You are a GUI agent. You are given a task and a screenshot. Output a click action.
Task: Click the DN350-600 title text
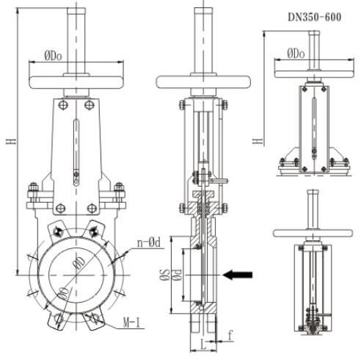[314, 18]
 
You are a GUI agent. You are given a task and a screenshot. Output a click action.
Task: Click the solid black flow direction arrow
[238, 275]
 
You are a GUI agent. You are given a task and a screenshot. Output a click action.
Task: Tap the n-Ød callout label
[149, 243]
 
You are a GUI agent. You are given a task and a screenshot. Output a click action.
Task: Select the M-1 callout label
[132, 323]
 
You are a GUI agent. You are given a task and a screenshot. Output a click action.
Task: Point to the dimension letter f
[230, 335]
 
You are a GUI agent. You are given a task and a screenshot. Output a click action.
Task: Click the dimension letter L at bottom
[203, 345]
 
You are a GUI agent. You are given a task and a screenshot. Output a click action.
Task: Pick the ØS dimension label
[164, 275]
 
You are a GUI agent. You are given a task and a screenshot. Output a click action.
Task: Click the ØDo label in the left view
[53, 56]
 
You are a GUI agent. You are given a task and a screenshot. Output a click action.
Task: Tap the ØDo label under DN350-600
[296, 54]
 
